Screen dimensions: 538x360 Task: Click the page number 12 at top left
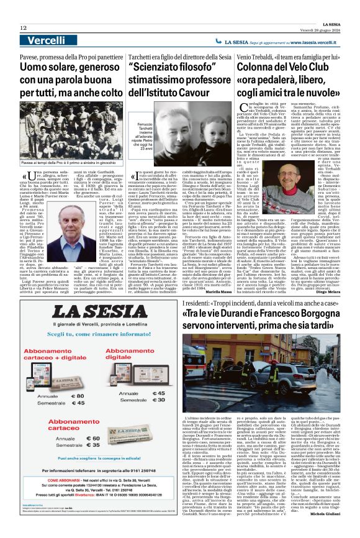pyautogui.click(x=23, y=28)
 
